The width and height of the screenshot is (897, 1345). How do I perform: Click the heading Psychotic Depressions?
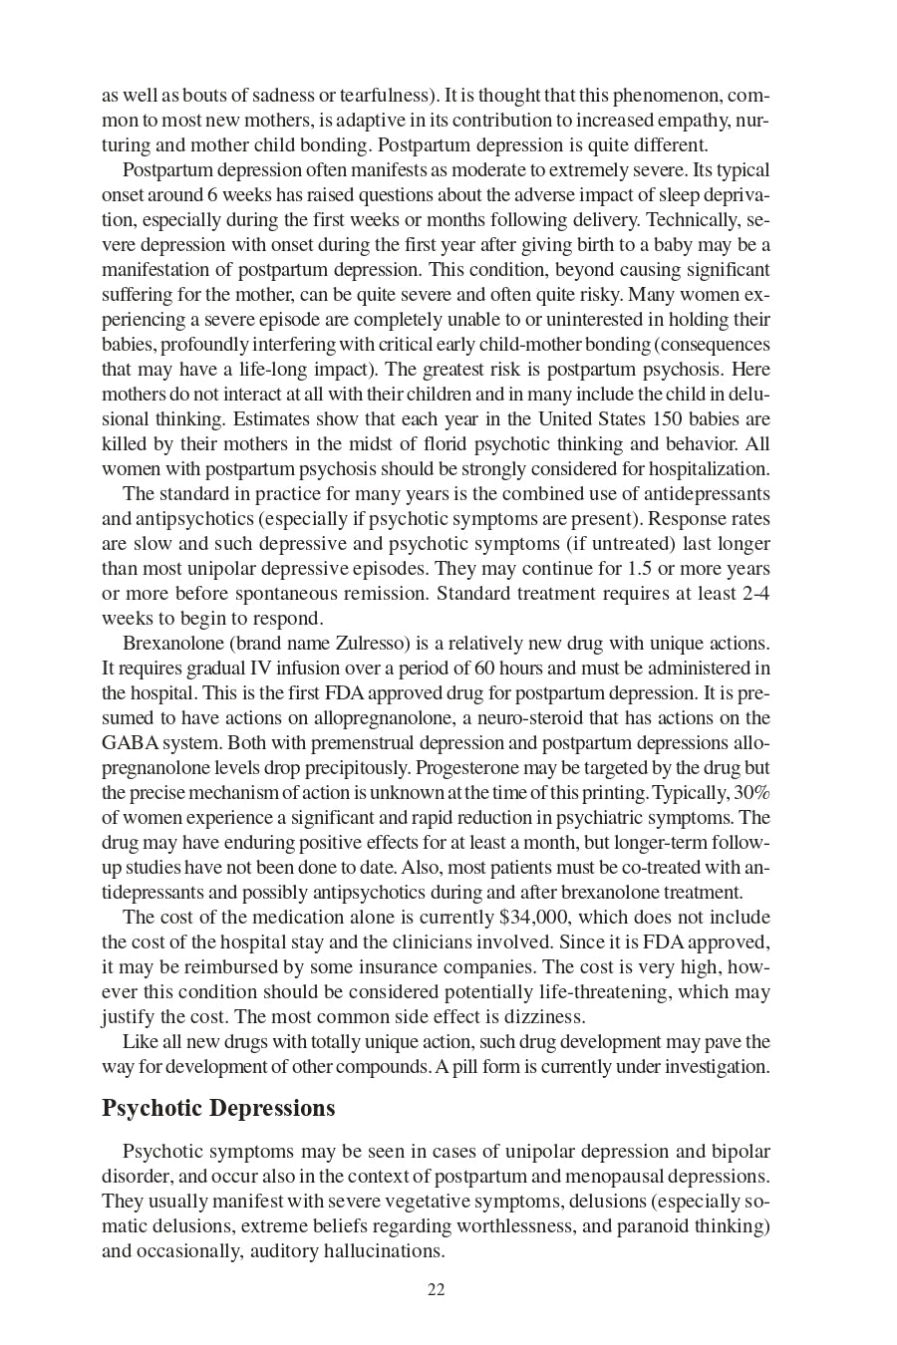click(x=218, y=1108)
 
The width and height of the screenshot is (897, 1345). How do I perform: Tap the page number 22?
click(x=436, y=1289)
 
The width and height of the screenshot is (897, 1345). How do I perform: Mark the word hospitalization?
click(x=712, y=468)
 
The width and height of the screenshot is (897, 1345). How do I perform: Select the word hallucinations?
click(x=383, y=1250)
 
